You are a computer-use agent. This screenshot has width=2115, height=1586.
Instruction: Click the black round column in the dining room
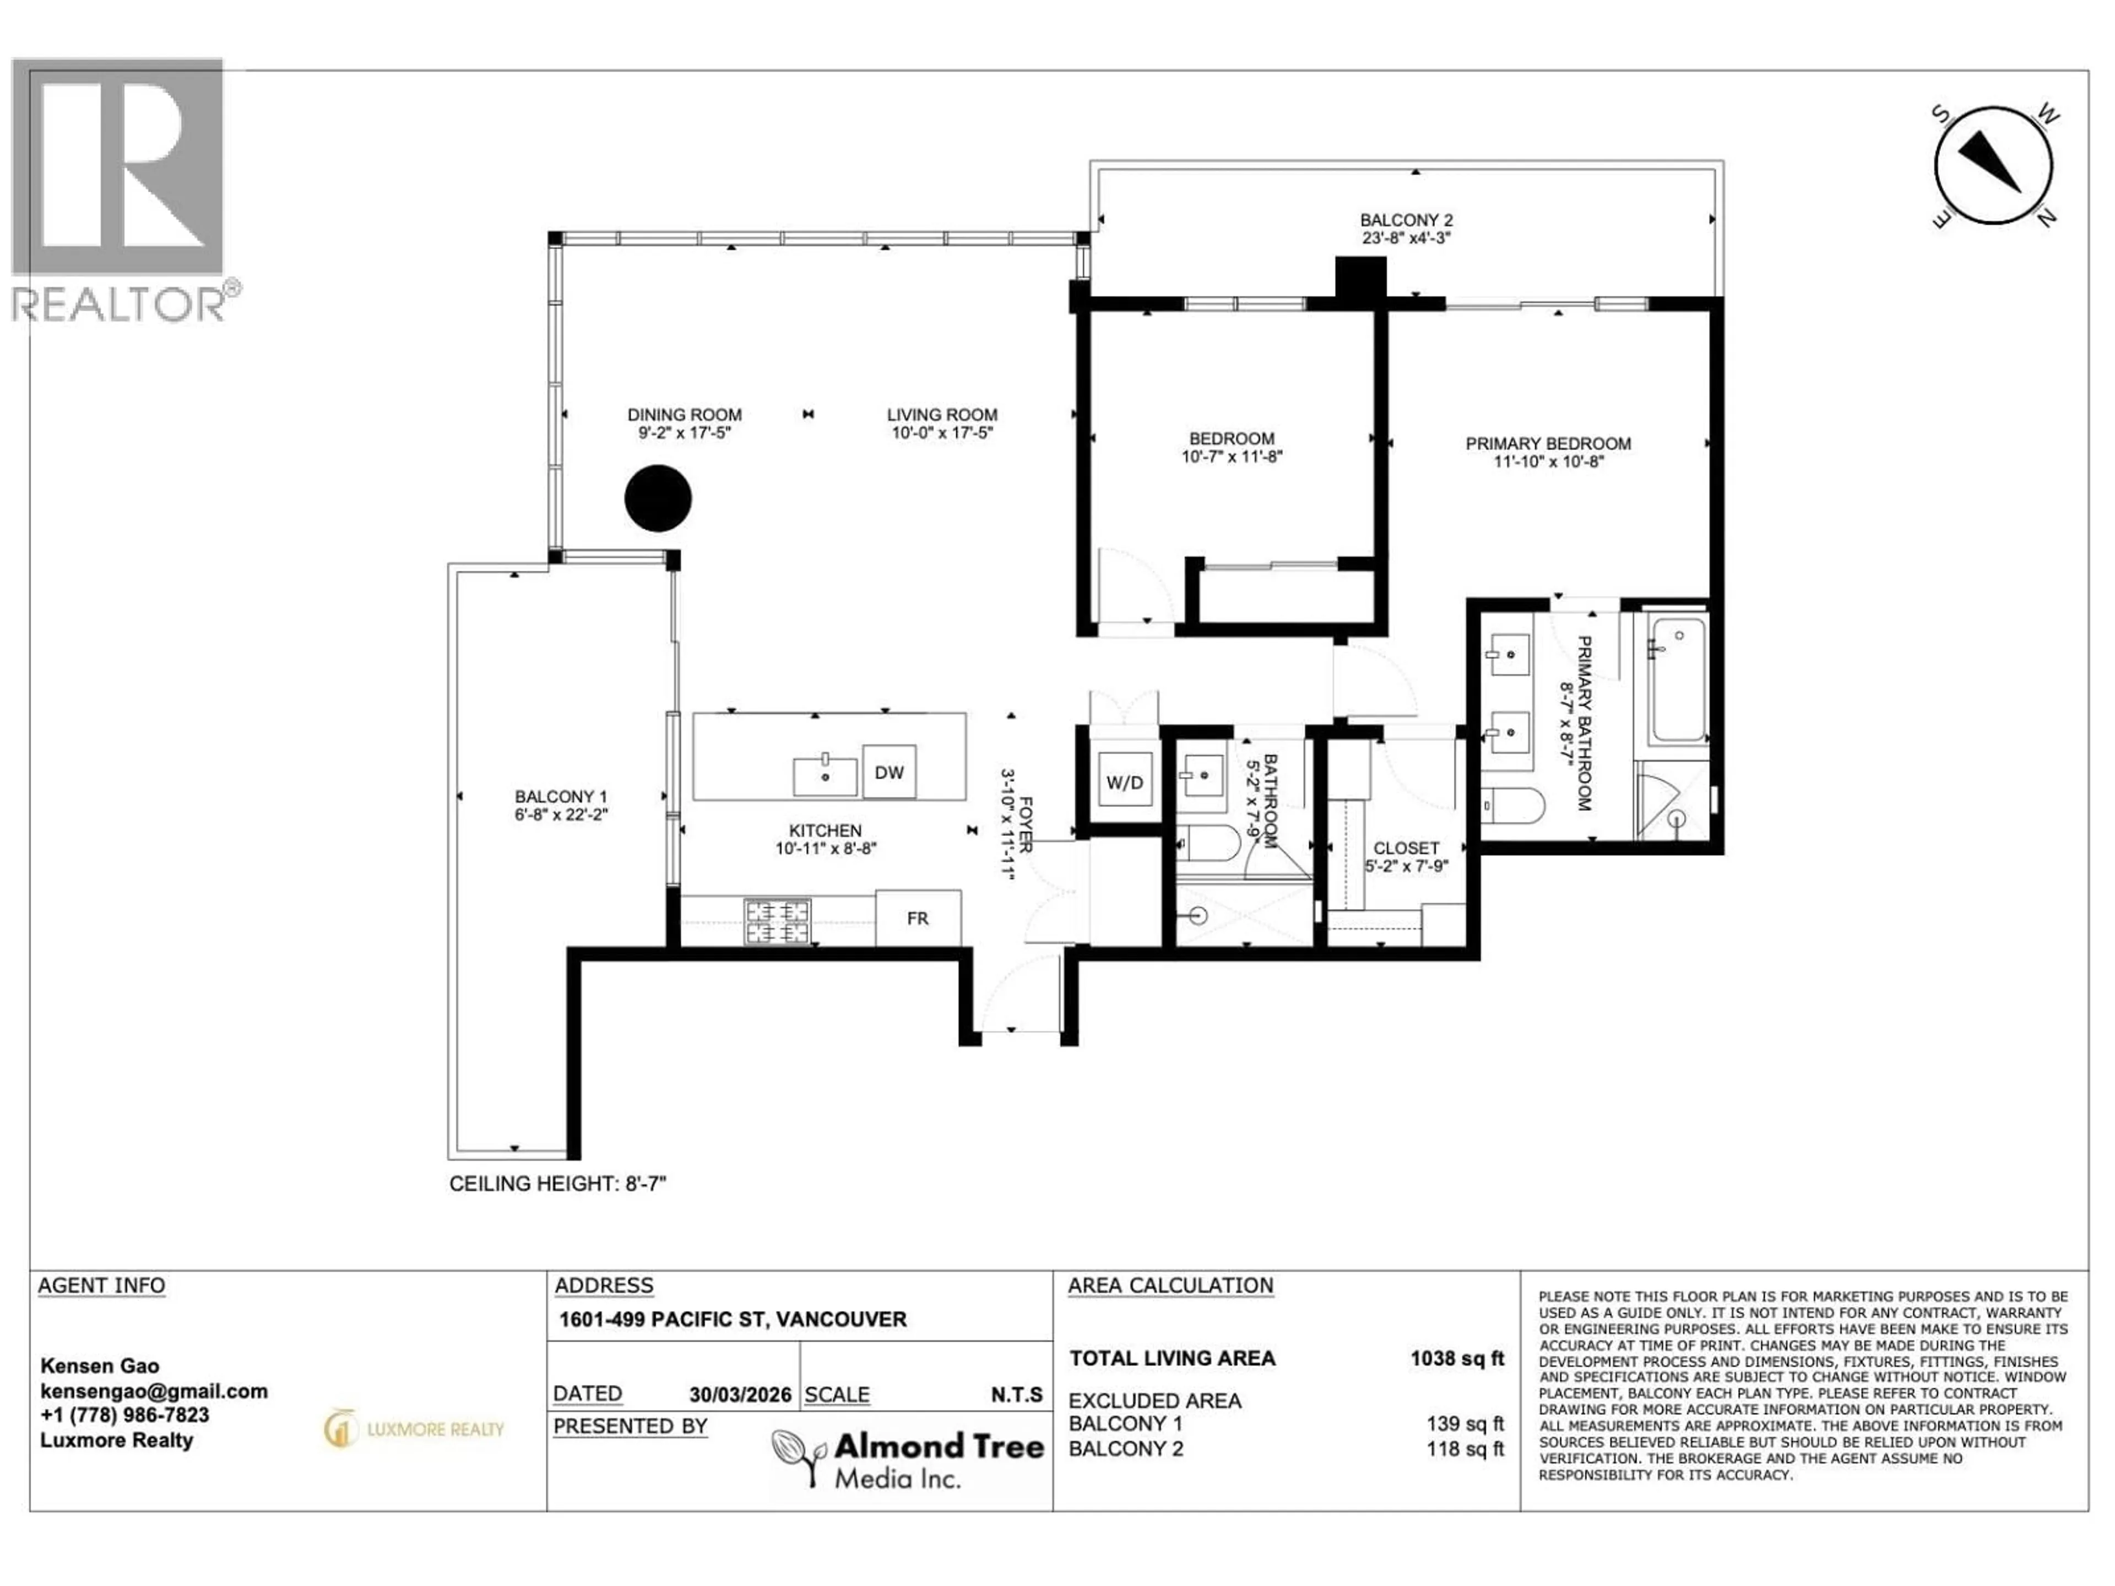pyautogui.click(x=658, y=498)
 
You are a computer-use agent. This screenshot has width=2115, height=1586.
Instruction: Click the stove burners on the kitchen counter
pyautogui.click(x=777, y=921)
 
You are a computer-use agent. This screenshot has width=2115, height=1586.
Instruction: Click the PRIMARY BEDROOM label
pyautogui.click(x=1548, y=443)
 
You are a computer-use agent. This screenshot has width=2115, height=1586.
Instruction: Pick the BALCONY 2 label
pyautogui.click(x=1406, y=220)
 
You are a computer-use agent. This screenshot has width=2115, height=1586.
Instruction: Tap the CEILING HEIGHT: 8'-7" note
pyautogui.click(x=557, y=1183)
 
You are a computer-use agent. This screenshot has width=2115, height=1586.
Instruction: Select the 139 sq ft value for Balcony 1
pyautogui.click(x=1465, y=1424)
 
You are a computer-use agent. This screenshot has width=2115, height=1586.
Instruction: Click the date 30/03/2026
pyautogui.click(x=740, y=1395)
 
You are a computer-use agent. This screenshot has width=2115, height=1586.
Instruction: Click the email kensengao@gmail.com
pyautogui.click(x=154, y=1391)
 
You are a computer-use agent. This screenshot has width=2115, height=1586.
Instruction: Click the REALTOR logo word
pyautogui.click(x=118, y=304)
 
